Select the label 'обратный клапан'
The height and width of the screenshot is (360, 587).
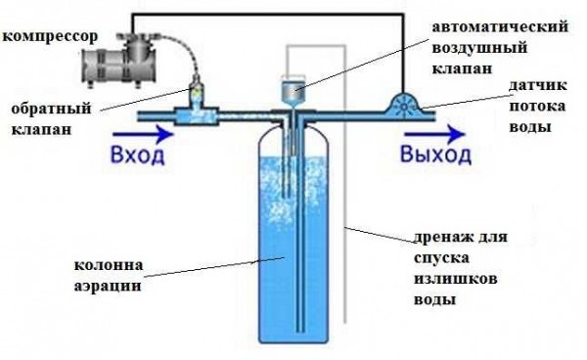coord(47,115)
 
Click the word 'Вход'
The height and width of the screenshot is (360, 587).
coord(131,157)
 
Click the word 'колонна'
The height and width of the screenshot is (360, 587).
coord(102,265)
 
